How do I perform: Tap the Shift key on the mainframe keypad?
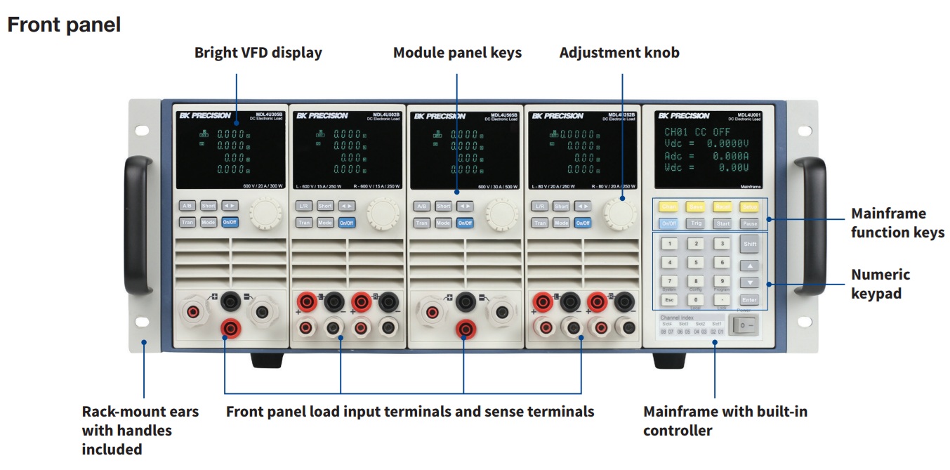[750, 244]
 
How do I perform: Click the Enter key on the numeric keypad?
[750, 300]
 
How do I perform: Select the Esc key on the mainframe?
[669, 300]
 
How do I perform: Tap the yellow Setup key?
[750, 207]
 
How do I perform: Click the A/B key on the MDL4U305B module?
[187, 206]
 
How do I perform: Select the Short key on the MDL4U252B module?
[561, 206]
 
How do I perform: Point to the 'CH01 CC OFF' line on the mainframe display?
[697, 132]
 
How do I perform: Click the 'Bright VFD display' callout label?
[258, 53]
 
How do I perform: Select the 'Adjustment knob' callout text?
[619, 53]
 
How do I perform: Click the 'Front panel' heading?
[64, 25]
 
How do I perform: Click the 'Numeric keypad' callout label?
[880, 284]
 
